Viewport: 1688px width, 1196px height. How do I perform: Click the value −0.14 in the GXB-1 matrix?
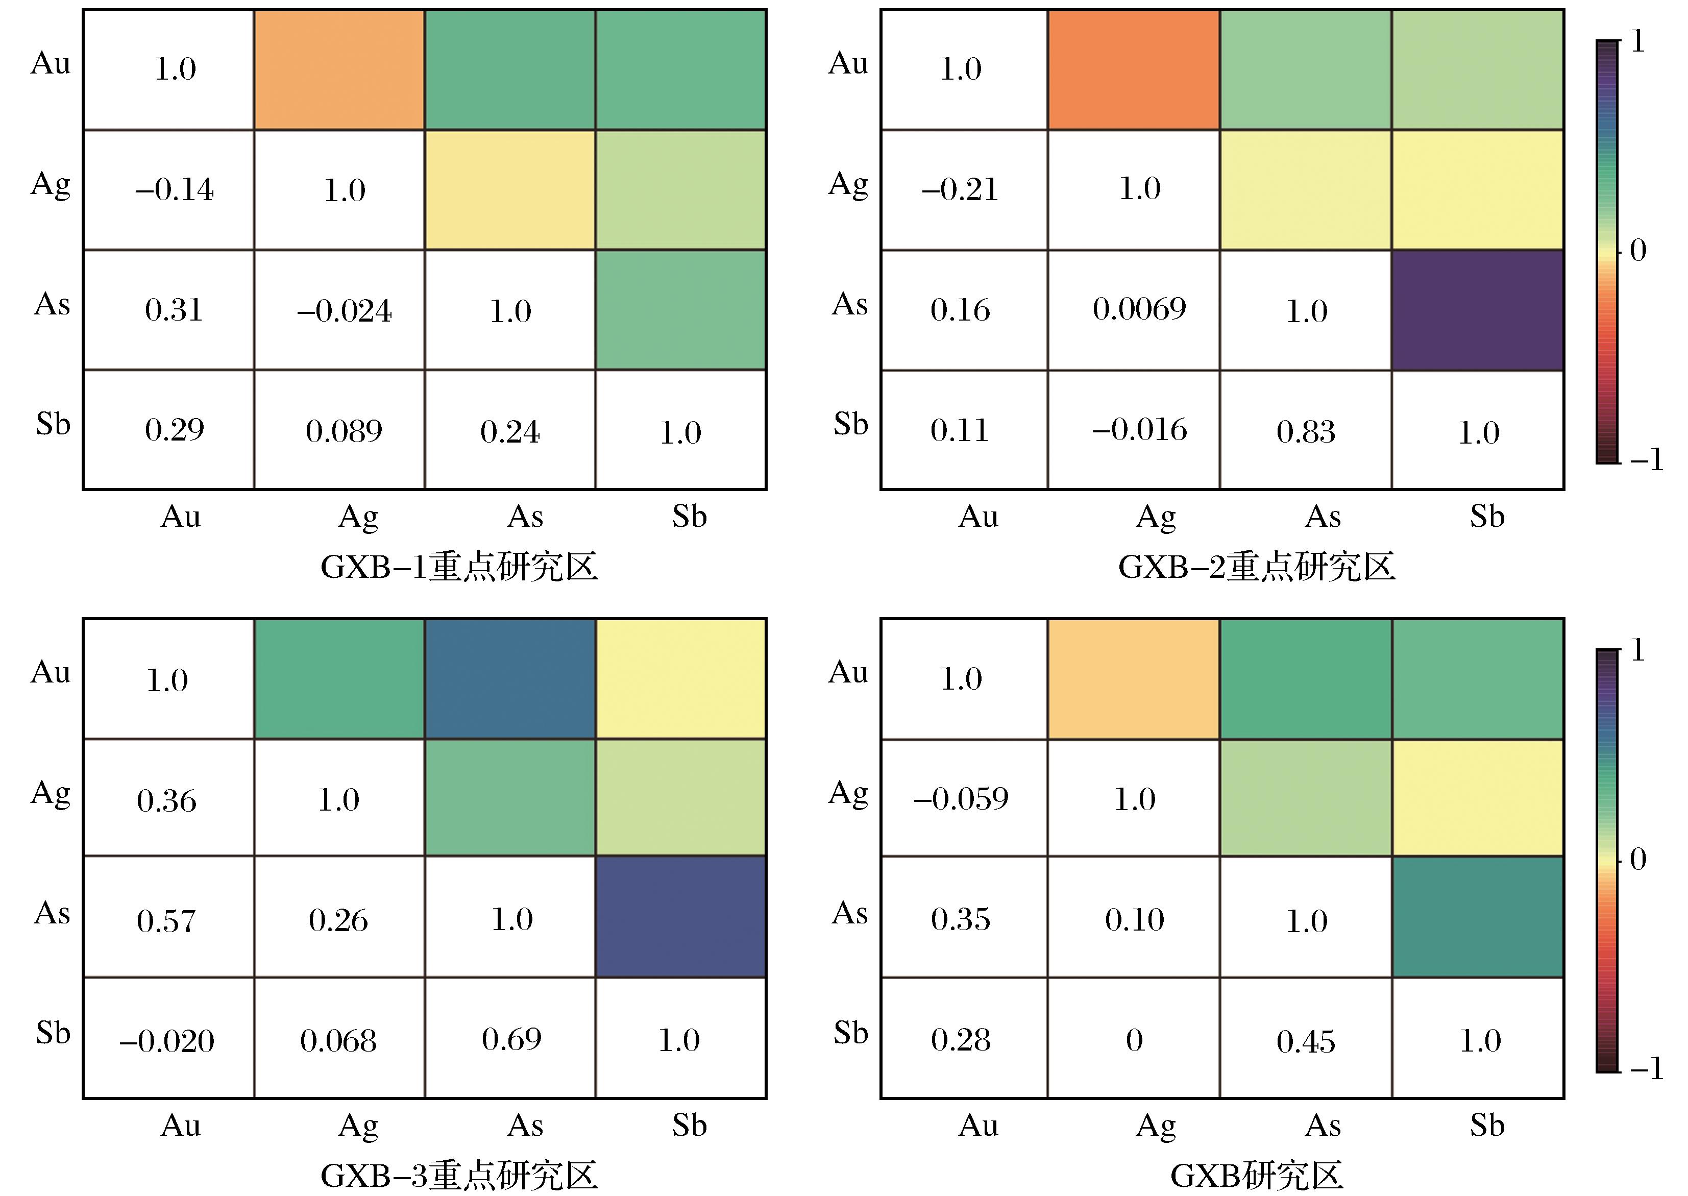pos(175,190)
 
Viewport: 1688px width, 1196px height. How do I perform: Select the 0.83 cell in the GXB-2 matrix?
pos(1306,431)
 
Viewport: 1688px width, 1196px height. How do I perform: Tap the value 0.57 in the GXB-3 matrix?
pos(166,920)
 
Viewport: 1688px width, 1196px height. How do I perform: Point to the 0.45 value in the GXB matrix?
pos(1306,1041)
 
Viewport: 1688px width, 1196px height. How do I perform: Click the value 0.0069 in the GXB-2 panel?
pos(1139,309)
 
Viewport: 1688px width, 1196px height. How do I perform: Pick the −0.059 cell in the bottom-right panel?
pos(961,799)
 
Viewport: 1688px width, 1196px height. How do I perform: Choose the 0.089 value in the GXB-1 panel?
pos(344,431)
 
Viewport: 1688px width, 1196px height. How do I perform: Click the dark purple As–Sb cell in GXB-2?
pos(1477,310)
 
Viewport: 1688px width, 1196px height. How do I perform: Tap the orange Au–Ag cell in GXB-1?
pos(339,70)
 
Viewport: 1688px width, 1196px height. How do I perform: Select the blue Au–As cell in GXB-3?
pos(509,678)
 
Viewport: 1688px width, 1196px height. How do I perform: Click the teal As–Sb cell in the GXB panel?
pos(1477,917)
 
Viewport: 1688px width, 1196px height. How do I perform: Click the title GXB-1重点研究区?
pos(459,567)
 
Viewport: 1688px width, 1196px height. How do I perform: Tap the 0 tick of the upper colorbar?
pos(1638,251)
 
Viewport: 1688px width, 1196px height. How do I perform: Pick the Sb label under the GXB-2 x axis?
pos(1487,517)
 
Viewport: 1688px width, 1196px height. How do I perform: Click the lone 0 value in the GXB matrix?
pos(1134,1040)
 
